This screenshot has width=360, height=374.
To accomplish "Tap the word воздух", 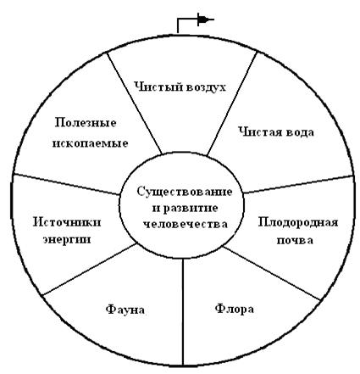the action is [202, 87].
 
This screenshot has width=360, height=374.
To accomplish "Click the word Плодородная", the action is [298, 222].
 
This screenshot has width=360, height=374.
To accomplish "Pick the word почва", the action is [295, 240].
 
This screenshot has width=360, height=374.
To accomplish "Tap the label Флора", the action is [234, 309].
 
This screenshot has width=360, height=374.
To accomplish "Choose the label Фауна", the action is [125, 310].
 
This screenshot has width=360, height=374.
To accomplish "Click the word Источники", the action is [67, 222].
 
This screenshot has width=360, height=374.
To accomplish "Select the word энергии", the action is [67, 240].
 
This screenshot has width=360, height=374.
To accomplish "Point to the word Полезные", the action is [86, 123].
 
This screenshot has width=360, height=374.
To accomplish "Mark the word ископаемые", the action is [91, 143].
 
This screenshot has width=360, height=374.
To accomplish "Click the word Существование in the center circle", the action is [185, 192].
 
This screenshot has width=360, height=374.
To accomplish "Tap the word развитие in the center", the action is [191, 209].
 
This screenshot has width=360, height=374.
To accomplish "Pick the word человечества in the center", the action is [186, 224].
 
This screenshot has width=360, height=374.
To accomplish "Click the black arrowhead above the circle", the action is [205, 20].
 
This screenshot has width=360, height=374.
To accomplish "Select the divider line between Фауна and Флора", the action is [183, 311].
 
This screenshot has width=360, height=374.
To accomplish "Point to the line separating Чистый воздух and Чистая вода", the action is [232, 103].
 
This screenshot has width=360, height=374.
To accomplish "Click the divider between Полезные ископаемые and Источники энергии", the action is [66, 184].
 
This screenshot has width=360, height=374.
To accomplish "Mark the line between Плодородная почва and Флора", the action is [272, 273].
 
